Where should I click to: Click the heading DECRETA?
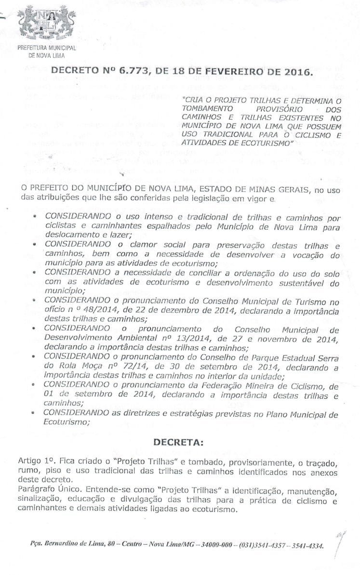[179, 441]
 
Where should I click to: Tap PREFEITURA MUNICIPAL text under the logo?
[47, 48]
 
